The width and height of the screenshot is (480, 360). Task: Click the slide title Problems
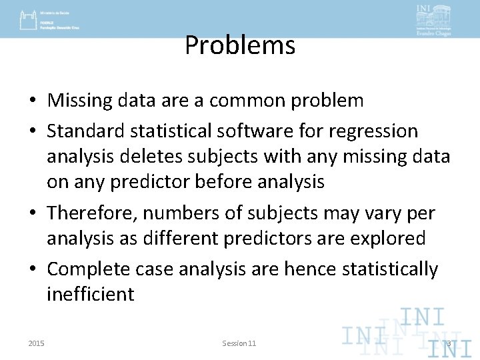point(239,46)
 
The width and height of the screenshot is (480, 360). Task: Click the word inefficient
point(90,294)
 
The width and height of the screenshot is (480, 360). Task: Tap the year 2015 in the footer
point(37,343)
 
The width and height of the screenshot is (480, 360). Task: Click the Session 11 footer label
point(239,343)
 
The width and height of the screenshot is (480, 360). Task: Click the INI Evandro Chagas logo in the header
point(433,19)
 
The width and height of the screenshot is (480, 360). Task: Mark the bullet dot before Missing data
point(32,101)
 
